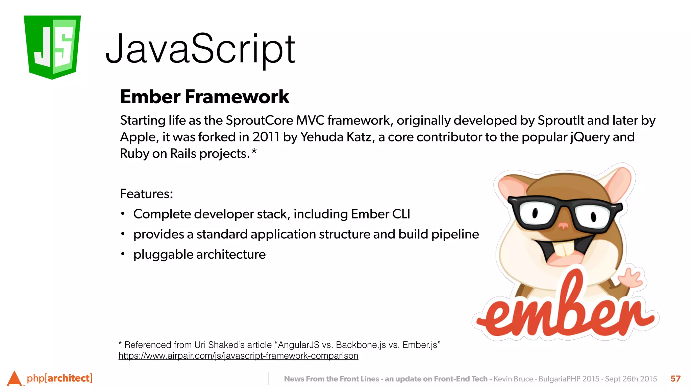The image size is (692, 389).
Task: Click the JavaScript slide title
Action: [200, 49]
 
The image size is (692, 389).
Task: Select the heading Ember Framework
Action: [204, 97]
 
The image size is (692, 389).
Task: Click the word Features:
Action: [146, 194]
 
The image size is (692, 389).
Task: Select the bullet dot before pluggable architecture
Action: [123, 254]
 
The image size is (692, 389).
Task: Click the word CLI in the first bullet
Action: [401, 214]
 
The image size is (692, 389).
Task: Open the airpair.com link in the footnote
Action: [238, 356]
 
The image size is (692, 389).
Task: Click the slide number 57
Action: [675, 379]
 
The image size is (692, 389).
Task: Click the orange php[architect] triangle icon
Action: [14, 379]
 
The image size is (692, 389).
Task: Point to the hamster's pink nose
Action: [563, 225]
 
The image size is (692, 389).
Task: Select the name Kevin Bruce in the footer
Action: [513, 379]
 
